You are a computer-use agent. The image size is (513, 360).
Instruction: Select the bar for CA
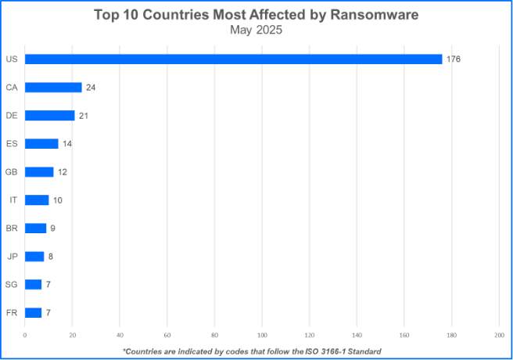click(x=53, y=87)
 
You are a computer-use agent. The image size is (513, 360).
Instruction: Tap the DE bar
click(x=49, y=115)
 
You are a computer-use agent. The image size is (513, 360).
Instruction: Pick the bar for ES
click(x=41, y=143)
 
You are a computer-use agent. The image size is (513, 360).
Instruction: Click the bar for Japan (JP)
click(x=34, y=256)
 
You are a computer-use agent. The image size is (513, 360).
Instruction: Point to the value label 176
click(x=454, y=59)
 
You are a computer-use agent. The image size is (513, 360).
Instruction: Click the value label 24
click(x=91, y=87)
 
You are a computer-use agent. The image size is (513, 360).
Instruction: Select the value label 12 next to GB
click(x=63, y=171)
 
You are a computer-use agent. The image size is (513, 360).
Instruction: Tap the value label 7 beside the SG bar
click(x=48, y=284)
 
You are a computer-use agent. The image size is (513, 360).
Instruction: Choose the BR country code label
click(x=12, y=228)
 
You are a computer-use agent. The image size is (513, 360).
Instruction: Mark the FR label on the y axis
click(x=12, y=312)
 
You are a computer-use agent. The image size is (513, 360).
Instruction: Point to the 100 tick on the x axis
click(x=262, y=335)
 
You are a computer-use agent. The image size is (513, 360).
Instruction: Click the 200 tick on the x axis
click(x=499, y=335)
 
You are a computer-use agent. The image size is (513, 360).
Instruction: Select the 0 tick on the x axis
click(x=25, y=335)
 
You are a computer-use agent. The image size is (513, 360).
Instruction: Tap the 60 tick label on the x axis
click(x=167, y=335)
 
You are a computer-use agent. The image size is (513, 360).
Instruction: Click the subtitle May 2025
click(x=256, y=31)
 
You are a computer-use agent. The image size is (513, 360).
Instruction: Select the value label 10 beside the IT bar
click(x=58, y=200)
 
